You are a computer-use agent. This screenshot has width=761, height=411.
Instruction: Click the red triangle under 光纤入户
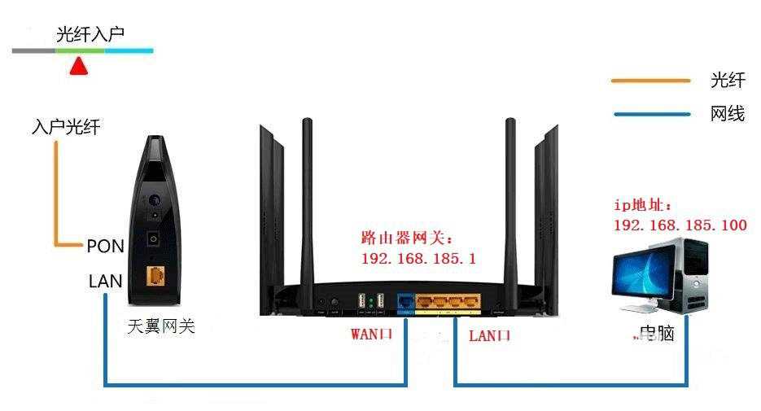78,67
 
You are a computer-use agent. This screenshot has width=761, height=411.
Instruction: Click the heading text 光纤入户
90,34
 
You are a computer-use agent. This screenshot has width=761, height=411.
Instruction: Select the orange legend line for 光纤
650,81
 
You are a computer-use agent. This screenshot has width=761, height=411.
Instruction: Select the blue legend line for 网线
650,114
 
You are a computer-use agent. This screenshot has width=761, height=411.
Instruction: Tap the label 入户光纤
67,128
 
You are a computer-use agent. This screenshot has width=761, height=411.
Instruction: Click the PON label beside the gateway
105,246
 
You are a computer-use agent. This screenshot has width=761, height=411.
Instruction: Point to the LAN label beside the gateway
106,282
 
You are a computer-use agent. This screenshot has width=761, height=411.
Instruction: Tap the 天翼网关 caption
162,327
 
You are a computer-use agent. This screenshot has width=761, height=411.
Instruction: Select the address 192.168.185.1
418,259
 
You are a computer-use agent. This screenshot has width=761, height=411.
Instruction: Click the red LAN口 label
489,334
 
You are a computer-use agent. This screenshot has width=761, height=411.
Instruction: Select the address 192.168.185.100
680,225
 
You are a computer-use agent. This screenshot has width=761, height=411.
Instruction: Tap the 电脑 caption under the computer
656,334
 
